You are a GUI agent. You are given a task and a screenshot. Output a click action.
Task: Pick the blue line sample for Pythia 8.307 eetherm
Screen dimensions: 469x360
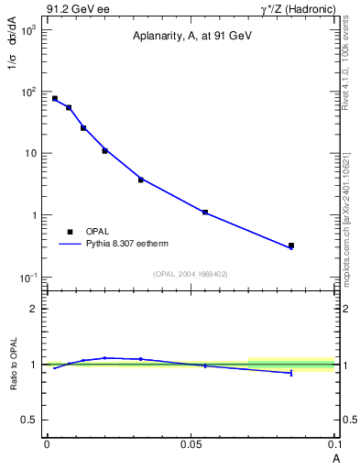(70, 245)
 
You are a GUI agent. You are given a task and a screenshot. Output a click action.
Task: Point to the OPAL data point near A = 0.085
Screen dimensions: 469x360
(291, 245)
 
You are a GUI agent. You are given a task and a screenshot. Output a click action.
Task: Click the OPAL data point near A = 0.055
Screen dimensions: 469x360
(205, 213)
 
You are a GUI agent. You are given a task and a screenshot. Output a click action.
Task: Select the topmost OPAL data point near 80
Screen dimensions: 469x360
(55, 98)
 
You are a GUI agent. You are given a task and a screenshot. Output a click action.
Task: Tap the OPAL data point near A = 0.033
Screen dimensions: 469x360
(141, 180)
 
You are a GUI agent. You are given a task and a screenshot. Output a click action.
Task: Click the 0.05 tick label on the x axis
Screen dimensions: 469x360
(191, 443)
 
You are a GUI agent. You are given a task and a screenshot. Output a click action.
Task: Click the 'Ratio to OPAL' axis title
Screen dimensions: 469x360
(15, 364)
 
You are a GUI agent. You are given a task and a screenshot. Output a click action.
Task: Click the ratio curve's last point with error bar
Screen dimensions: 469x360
(291, 373)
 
